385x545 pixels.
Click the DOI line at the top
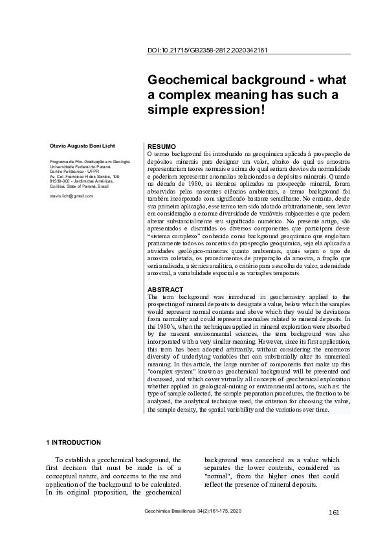[208, 50]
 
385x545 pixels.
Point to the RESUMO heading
[162, 147]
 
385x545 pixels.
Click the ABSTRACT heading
[166, 289]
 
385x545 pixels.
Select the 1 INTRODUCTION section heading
[73, 443]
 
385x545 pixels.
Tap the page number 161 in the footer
[334, 513]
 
